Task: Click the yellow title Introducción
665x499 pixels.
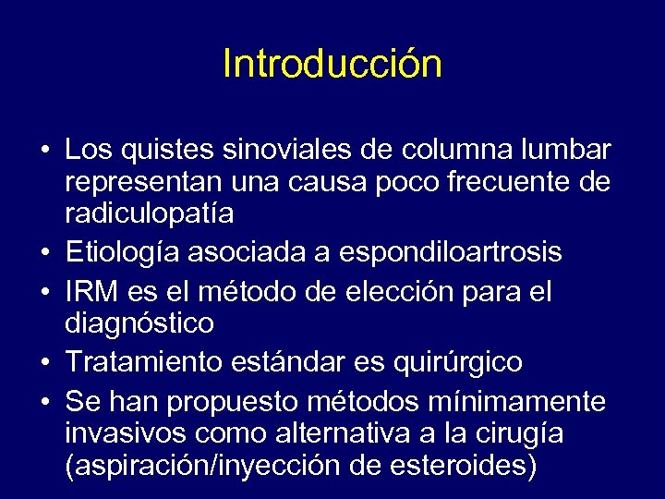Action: point(332,65)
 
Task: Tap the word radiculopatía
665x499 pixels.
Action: point(149,214)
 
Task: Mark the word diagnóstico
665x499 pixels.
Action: point(139,323)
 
